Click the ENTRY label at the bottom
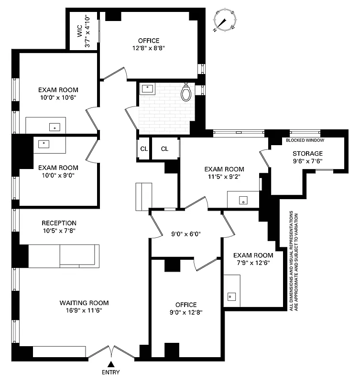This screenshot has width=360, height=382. (110, 372)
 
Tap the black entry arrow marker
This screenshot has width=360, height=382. (110, 364)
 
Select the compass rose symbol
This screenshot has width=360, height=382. (224, 20)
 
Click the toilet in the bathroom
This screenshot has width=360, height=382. (186, 92)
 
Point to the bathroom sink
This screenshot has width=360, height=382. (148, 88)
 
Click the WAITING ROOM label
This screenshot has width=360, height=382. (84, 303)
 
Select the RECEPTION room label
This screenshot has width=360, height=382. (59, 223)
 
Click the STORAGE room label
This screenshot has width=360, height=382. (307, 153)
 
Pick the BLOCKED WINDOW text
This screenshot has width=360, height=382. (305, 140)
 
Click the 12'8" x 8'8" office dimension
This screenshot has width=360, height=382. (149, 48)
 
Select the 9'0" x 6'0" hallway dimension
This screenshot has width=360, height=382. (186, 234)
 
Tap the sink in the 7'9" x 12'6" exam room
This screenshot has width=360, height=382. (232, 296)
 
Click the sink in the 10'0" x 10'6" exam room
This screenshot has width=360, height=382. (55, 127)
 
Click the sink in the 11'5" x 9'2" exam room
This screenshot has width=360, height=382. (243, 201)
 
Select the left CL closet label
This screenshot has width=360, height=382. (144, 149)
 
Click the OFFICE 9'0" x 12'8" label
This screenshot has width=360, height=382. (186, 309)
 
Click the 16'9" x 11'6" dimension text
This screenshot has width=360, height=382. (84, 310)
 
